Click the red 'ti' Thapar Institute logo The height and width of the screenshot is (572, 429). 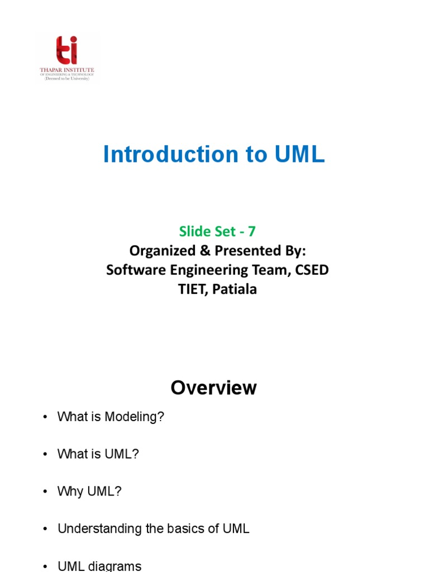(66, 50)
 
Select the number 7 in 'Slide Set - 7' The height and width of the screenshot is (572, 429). (251, 231)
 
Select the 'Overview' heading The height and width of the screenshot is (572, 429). (214, 388)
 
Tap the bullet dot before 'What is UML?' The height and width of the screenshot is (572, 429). (45, 455)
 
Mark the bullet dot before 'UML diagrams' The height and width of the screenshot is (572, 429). (45, 566)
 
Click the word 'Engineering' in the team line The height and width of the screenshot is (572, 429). (211, 270)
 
